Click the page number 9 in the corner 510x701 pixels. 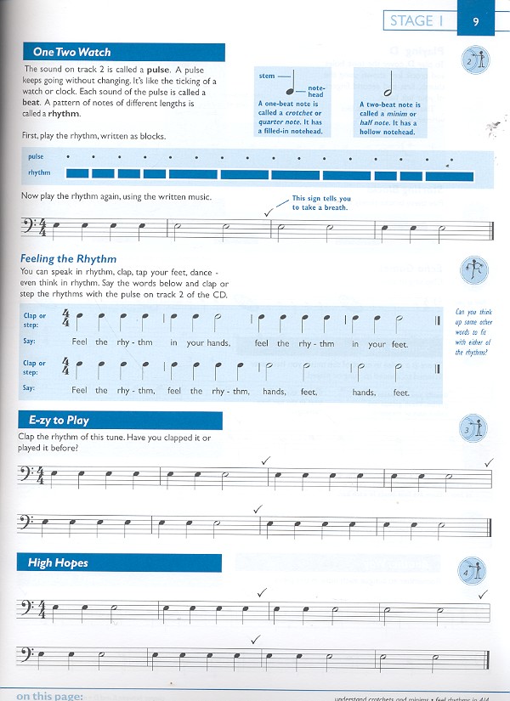click(x=476, y=21)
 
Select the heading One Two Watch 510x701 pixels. click(x=72, y=52)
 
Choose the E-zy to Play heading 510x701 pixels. click(x=59, y=420)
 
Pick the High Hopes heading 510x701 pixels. click(x=58, y=562)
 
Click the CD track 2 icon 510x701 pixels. click(x=476, y=61)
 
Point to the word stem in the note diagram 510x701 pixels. click(x=267, y=76)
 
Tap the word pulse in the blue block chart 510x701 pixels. click(x=36, y=157)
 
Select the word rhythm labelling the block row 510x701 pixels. click(x=39, y=173)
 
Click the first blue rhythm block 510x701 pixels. click(x=76, y=173)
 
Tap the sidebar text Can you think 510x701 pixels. click(x=473, y=312)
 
